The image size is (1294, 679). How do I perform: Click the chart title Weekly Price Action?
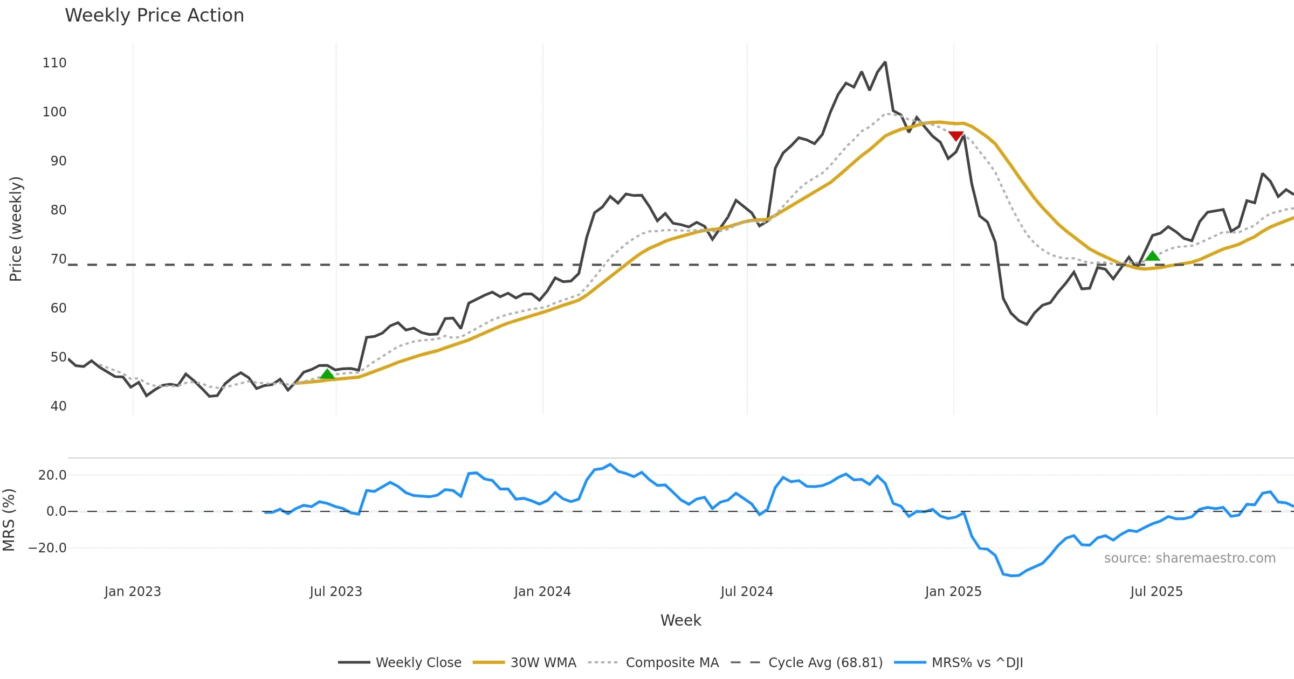154,15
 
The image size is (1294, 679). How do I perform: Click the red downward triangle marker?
956,136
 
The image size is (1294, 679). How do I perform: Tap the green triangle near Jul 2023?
327,374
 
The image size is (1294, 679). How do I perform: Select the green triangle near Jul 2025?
1152,255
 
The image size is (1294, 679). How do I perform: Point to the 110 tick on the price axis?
54,63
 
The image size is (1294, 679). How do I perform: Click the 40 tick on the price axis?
58,406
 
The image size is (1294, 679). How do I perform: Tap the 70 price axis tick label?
58,259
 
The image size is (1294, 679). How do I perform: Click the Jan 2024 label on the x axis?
542,592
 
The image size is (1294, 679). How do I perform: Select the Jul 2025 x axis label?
1157,592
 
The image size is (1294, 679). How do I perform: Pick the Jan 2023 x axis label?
133,592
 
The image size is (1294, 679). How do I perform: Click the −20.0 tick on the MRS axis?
47,548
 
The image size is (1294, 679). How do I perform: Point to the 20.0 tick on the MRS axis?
52,475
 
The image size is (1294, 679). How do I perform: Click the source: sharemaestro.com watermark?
1189,558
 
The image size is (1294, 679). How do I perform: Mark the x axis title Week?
680,620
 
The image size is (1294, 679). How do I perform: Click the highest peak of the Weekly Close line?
885,63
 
